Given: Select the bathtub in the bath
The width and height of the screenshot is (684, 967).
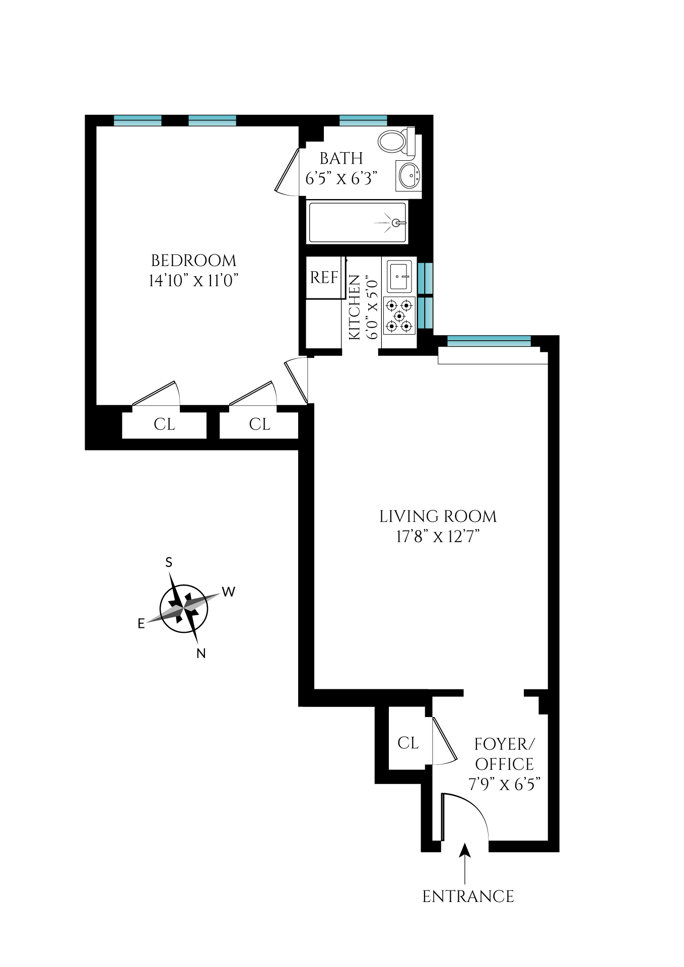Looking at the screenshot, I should point(357,222).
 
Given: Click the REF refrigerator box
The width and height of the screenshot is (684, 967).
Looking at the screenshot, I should point(324,277).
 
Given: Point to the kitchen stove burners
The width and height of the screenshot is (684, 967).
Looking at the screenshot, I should point(399,316).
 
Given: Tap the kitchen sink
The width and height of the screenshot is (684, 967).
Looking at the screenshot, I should point(399,276).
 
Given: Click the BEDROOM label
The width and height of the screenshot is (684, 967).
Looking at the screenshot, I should point(193,261).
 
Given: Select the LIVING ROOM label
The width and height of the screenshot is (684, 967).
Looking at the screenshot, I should point(438,517).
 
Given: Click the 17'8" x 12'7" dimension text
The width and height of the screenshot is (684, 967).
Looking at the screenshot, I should point(438,536).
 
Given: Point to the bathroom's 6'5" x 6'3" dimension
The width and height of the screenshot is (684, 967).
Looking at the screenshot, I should point(341,178).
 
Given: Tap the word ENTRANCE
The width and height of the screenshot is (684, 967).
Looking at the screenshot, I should point(468,896).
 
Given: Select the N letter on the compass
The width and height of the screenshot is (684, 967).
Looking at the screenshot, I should point(201,654).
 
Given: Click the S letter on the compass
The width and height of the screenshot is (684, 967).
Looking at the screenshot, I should point(169,562).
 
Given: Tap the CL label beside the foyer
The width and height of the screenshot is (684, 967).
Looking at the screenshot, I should point(408,743).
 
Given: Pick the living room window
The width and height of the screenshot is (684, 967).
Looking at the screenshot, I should point(489,341).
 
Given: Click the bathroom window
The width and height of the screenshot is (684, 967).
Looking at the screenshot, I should point(363,120).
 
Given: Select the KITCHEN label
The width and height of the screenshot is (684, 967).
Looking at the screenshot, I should point(355,307).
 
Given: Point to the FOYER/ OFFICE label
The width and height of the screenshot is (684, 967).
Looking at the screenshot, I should point(504,754).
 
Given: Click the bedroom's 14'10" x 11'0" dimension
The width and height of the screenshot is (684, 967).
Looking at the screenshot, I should point(193,281).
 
